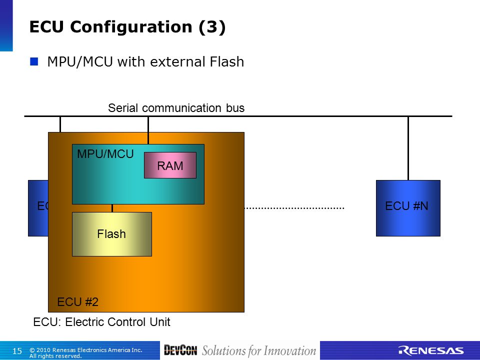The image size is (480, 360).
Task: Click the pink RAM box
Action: tap(170, 165)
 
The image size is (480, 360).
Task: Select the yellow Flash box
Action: tap(112, 234)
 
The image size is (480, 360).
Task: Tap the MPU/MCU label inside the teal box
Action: tap(105, 154)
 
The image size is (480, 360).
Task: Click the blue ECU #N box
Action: tap(408, 208)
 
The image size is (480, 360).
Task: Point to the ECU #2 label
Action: tap(78, 302)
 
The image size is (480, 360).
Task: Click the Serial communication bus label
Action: tap(176, 108)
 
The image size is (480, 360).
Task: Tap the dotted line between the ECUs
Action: tap(294, 208)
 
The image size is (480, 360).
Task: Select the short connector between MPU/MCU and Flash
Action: tap(112, 208)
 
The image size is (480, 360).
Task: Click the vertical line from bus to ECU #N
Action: tap(408, 148)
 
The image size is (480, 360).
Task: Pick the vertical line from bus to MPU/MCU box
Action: tap(148, 130)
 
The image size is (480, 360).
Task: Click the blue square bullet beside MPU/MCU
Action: tap(34, 61)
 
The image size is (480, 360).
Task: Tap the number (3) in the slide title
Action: tap(212, 27)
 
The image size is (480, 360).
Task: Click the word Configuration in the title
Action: tap(130, 27)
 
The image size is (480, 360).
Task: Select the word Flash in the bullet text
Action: tap(227, 61)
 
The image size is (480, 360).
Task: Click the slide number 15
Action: tap(17, 351)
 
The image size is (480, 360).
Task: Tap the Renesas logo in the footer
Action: tap(430, 351)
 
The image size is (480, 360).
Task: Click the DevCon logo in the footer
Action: tap(180, 350)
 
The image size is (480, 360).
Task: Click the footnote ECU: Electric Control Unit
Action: tap(101, 322)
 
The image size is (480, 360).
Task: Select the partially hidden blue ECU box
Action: tap(38, 208)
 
